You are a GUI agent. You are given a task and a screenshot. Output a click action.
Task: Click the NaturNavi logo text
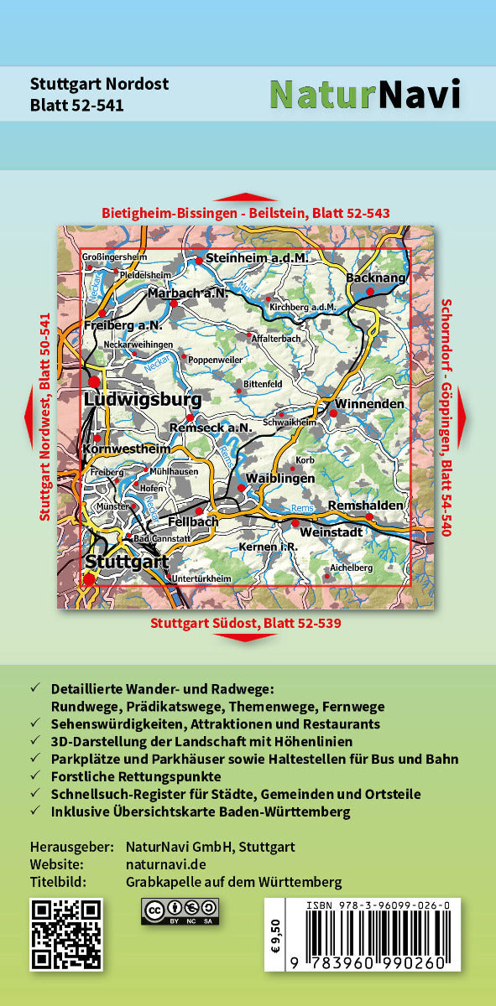(x=364, y=95)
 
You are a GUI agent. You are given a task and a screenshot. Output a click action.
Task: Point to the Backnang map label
(x=375, y=277)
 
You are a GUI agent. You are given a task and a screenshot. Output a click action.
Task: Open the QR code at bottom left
(x=66, y=934)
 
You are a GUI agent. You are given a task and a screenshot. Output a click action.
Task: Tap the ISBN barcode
(x=370, y=935)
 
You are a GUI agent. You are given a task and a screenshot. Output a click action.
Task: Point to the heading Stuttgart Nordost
(x=99, y=84)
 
